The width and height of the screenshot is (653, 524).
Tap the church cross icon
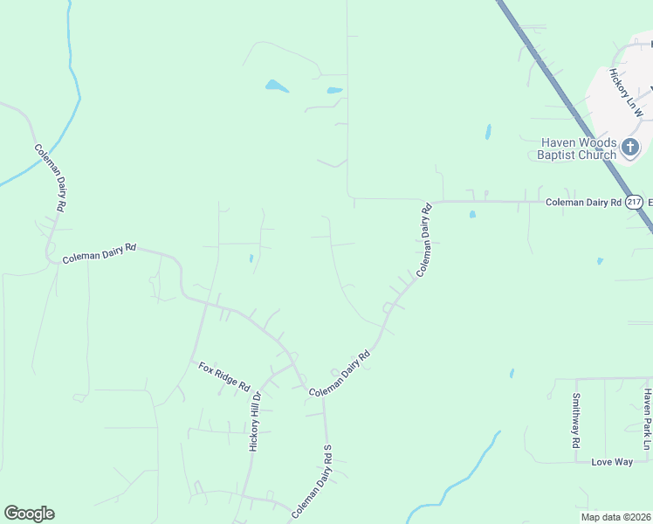[x=630, y=147]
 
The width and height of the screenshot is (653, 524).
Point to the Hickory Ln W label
[x=626, y=93]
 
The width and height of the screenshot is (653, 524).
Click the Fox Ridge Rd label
[x=223, y=376]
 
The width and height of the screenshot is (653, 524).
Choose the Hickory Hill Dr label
[x=256, y=421]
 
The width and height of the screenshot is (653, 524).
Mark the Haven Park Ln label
[x=647, y=420]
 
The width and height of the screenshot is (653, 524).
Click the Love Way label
[x=611, y=461]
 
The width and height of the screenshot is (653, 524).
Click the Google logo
[x=29, y=514]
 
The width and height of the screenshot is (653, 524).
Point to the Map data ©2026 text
[x=615, y=517]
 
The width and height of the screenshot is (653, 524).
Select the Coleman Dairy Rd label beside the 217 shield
[x=582, y=202]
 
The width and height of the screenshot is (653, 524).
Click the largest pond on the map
[x=277, y=86]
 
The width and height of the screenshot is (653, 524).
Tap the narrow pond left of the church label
[x=487, y=132]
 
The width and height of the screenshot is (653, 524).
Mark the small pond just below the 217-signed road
[x=472, y=214]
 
